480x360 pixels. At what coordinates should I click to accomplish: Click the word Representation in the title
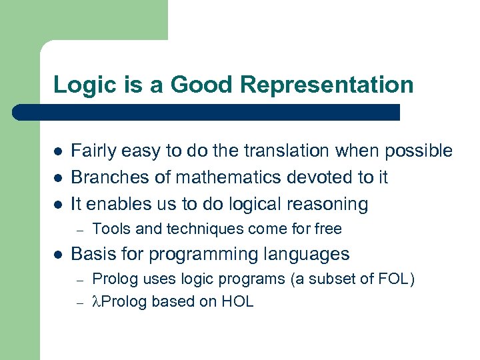[327, 85]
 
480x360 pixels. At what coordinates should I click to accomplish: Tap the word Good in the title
[201, 85]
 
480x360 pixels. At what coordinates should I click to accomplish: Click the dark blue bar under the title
[207, 112]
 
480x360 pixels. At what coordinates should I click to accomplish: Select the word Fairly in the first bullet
[92, 151]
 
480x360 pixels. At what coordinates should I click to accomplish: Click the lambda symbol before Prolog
[96, 301]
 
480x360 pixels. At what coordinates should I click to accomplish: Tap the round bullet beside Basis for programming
[58, 255]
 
